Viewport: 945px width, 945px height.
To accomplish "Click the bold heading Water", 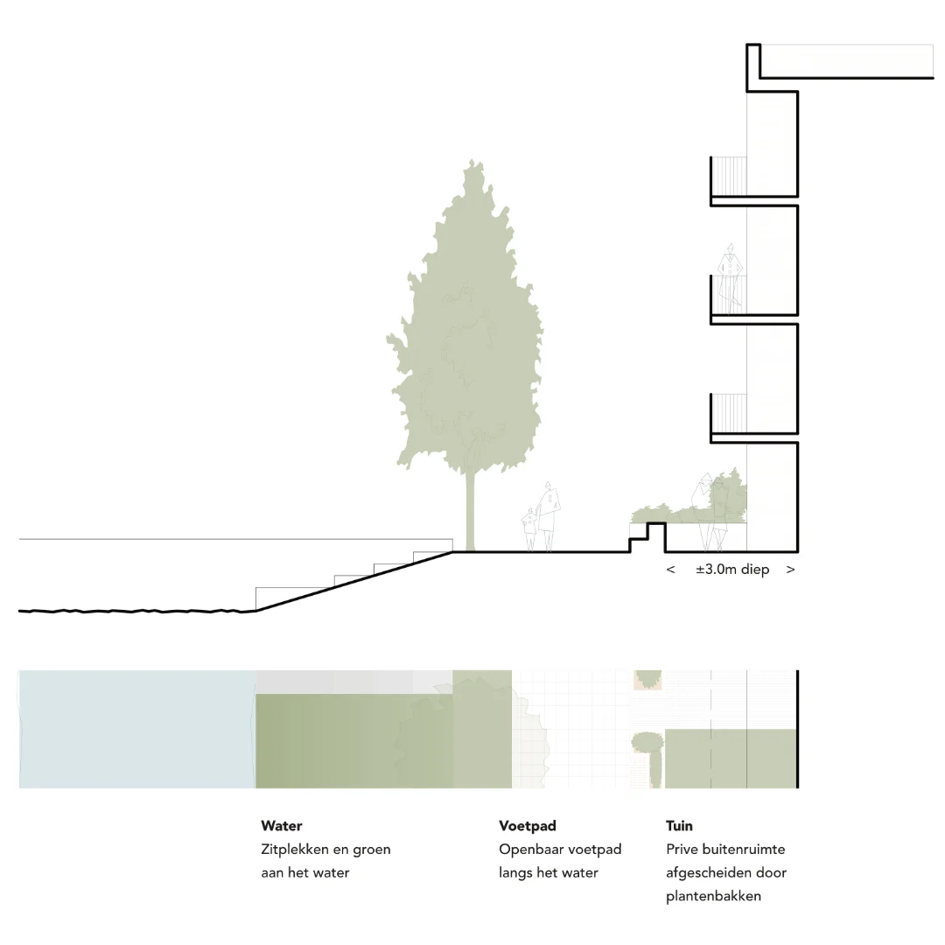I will (x=282, y=826).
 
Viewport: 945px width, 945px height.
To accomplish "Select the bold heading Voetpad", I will (x=528, y=826).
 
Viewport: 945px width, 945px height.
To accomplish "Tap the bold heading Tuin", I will (x=679, y=826).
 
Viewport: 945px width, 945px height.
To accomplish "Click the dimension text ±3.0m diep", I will (x=732, y=570).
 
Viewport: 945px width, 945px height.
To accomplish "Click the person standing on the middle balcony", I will (x=729, y=278).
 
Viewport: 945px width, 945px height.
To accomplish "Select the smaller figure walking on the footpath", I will (x=530, y=529).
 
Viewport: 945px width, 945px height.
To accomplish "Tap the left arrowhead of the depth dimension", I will (x=671, y=570).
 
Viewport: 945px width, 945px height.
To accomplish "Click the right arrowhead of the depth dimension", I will (x=790, y=570).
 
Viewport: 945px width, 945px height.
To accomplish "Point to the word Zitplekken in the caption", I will (x=297, y=850).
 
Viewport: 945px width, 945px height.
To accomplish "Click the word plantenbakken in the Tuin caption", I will (x=713, y=896).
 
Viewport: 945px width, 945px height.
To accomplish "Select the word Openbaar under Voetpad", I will (x=532, y=850).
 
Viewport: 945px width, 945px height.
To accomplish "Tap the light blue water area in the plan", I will (x=136, y=729).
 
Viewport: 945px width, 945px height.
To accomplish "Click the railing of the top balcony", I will (x=729, y=176).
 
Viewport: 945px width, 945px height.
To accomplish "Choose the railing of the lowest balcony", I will (x=729, y=413).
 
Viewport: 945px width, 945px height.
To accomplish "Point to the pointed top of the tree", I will (x=473, y=164).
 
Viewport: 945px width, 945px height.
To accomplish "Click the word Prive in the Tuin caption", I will (x=683, y=850).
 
